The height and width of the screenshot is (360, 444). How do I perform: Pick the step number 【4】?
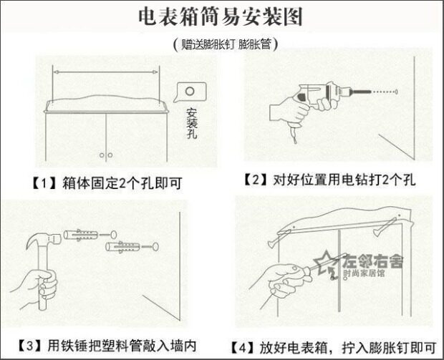[243, 347]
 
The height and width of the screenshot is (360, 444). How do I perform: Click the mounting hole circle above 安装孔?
[190, 92]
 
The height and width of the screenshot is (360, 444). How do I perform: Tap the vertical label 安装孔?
[191, 123]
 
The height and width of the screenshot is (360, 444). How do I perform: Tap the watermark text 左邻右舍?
[374, 261]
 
